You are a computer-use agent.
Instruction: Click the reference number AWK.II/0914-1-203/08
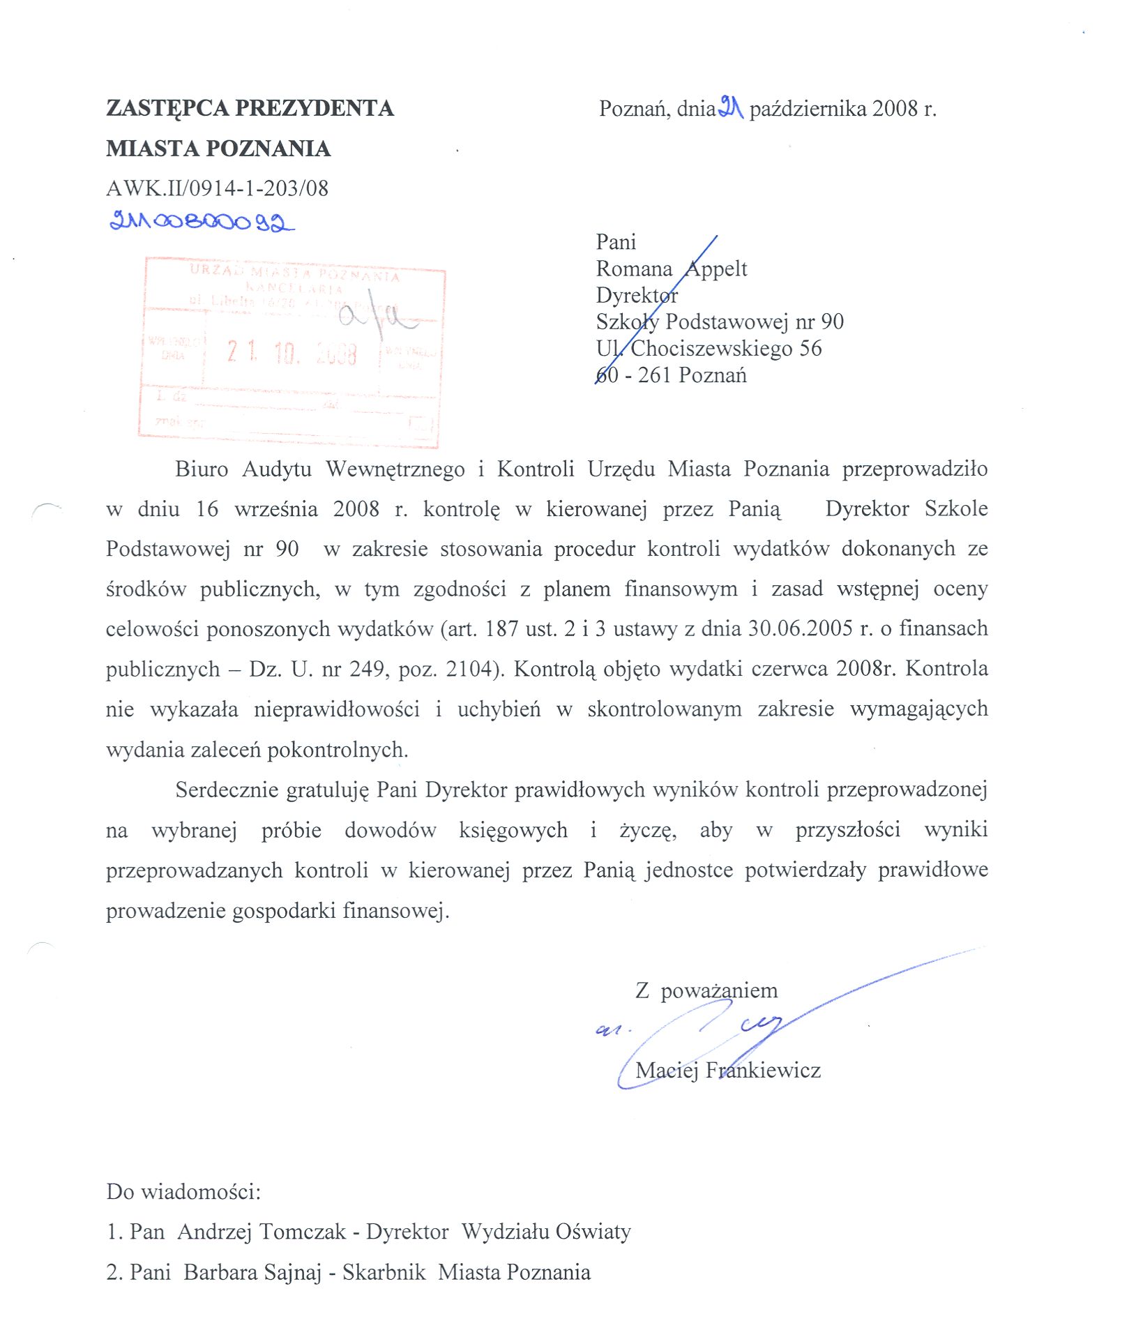tap(217, 188)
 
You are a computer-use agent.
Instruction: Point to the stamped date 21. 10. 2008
tap(292, 353)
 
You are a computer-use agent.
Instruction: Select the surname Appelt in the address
tap(716, 269)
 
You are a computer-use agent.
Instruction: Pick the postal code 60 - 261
tap(635, 375)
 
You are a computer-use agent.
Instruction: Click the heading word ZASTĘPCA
tap(167, 108)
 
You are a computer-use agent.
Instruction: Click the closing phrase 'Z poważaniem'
tap(706, 990)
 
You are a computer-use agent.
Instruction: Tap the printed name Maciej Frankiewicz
tap(727, 1070)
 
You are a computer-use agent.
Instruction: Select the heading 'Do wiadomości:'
tap(183, 1191)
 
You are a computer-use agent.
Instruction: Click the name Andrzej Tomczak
tap(262, 1232)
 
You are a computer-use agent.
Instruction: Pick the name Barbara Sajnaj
tap(252, 1272)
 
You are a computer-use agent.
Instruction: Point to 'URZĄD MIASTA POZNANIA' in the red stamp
tap(295, 273)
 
